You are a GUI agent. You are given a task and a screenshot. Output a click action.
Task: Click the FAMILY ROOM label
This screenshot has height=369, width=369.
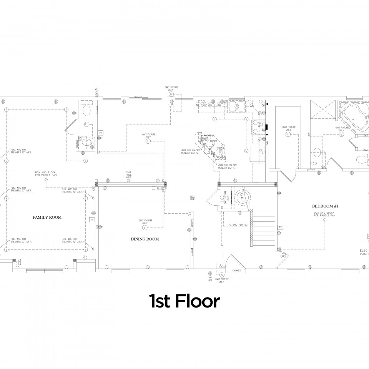tap(47, 217)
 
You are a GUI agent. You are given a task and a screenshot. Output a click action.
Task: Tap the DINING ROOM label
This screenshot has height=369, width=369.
tap(145, 239)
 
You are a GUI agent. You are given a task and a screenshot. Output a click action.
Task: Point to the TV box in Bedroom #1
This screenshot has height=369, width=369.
tap(281, 228)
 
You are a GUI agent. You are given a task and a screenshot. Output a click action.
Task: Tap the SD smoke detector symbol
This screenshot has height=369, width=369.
tap(283, 256)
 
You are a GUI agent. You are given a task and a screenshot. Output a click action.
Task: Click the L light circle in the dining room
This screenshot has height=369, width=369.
tap(145, 228)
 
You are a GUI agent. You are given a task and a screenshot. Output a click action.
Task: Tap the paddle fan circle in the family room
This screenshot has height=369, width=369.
tap(46, 180)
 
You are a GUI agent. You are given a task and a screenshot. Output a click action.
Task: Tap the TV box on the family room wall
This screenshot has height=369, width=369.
tap(91, 219)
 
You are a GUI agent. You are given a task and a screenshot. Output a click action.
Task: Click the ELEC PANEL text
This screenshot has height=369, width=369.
tap(364, 251)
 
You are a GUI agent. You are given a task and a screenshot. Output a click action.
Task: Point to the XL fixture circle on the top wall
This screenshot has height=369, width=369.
tap(171, 94)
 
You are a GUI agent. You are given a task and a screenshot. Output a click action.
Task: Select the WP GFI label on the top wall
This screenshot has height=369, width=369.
tap(97, 90)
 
